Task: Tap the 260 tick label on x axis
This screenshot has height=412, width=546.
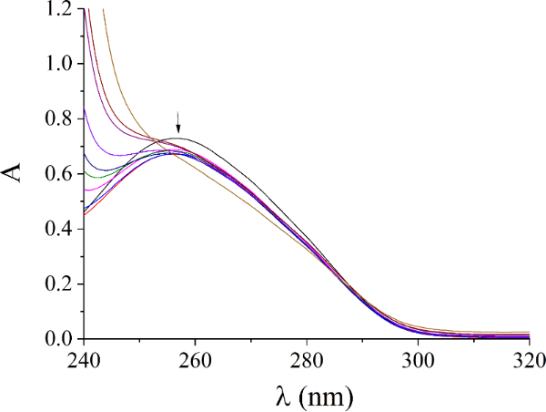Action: coord(195,360)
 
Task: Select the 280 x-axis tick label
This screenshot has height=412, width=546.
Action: coord(307,360)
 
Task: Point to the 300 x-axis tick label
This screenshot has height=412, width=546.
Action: coord(418,360)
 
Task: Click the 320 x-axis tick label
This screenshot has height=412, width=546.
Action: coord(527,360)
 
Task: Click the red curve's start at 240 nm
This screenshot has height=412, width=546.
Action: coord(85,214)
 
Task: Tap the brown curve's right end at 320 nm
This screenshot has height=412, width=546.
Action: coord(529,333)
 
